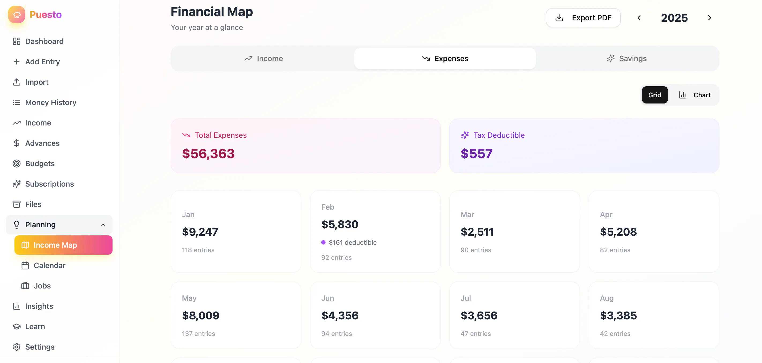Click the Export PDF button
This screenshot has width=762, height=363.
click(583, 18)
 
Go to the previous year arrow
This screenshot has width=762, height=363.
click(639, 18)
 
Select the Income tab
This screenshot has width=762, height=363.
click(263, 59)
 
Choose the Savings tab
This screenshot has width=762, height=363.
click(626, 59)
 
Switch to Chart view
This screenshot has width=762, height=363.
click(694, 95)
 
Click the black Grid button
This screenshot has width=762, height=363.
click(655, 95)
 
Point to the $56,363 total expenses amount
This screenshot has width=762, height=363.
click(208, 154)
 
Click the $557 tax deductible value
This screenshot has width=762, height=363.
click(477, 154)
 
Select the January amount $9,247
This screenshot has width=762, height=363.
click(200, 232)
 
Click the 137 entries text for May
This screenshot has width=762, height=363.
click(199, 334)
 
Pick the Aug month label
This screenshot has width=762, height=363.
click(607, 298)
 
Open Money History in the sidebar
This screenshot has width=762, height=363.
click(51, 102)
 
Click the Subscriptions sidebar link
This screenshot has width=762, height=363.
click(49, 184)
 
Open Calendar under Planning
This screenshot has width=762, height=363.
click(49, 266)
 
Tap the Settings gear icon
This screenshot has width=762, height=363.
click(17, 347)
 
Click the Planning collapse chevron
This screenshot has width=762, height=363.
click(103, 225)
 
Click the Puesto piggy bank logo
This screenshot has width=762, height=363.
click(17, 14)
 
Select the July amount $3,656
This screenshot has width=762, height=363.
click(479, 316)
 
